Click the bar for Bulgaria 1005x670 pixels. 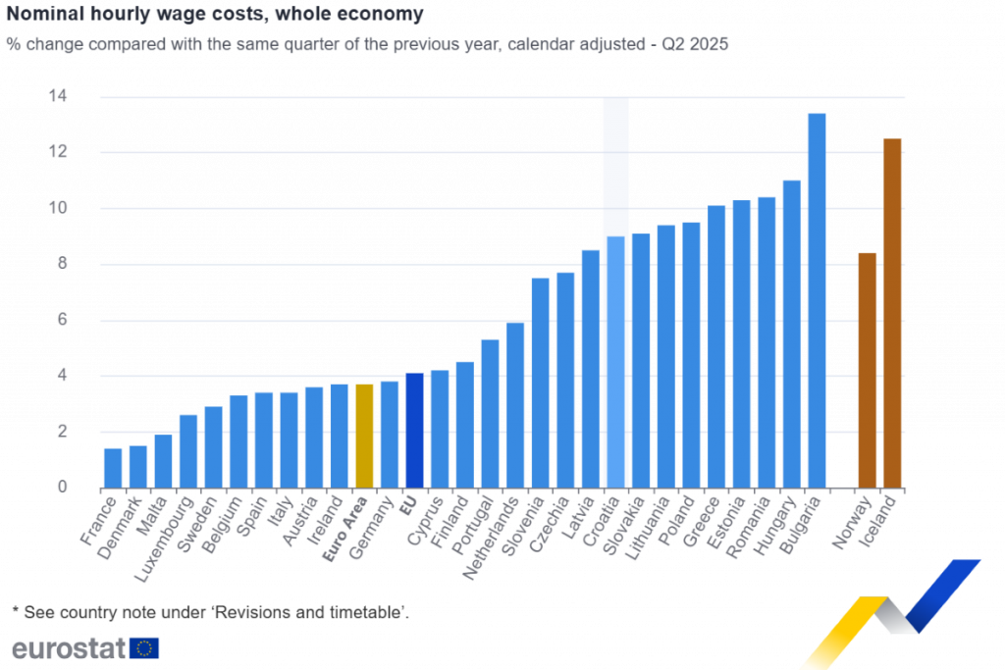[x=817, y=300]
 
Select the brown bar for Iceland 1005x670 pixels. [x=892, y=313]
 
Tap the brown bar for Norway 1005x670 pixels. [x=868, y=370]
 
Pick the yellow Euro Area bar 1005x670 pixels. [x=364, y=436]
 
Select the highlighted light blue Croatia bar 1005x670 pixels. [x=615, y=362]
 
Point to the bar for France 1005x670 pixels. [x=113, y=467]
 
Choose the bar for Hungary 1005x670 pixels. [x=792, y=334]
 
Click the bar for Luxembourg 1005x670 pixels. [x=188, y=450]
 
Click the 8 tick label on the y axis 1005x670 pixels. [x=62, y=264]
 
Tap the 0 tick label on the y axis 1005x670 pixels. [x=62, y=488]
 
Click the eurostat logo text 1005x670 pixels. [x=69, y=647]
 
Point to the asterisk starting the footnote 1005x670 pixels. [x=15, y=611]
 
